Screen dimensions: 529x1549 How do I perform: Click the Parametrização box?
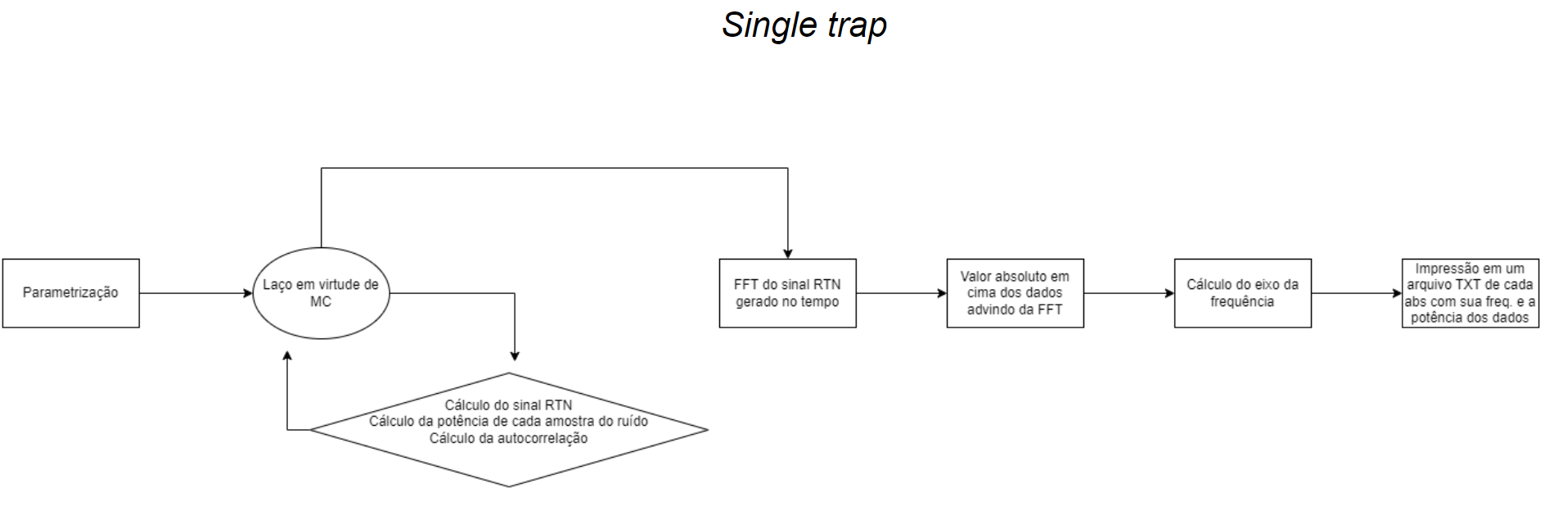[70, 293]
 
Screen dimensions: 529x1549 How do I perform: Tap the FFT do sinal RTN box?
[787, 293]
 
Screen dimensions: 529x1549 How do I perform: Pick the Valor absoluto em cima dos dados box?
[1015, 293]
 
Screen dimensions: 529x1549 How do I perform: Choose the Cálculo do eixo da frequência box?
[1242, 293]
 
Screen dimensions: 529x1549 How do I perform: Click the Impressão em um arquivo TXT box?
[1470, 293]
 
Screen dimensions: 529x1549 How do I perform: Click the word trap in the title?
[857, 25]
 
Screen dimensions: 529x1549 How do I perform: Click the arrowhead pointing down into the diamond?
[515, 355]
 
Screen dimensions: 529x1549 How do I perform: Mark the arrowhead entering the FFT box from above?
[788, 254]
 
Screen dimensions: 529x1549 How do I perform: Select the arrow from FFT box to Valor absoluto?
[900, 293]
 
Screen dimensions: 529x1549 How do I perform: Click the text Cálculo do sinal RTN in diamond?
[508, 405]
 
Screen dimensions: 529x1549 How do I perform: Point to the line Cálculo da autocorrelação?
[508, 438]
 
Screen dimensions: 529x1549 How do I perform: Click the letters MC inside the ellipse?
[321, 301]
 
